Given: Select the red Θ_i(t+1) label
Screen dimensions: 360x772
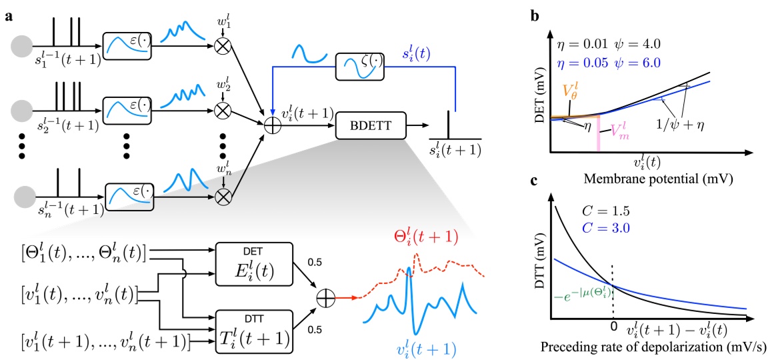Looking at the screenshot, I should pyautogui.click(x=414, y=237).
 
